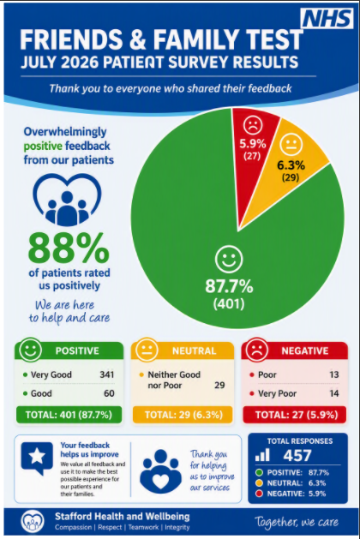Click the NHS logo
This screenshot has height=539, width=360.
coord(327,19)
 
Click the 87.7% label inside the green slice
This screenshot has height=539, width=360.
coord(229,286)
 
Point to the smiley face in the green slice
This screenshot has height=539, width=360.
coord(229,260)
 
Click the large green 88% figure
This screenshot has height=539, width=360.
coord(69,248)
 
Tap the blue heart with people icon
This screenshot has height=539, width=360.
coord(68,200)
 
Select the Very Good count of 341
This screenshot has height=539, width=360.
coord(107,374)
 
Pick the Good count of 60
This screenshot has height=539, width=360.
coord(109,393)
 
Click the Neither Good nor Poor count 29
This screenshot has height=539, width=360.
coord(219,385)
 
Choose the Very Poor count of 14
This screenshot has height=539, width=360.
coord(334,393)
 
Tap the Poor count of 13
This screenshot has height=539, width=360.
coord(334,374)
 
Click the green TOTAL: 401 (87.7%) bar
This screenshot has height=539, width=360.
coord(69,415)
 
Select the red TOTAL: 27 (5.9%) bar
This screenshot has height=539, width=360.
coord(296,415)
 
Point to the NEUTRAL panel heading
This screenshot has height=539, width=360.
coord(194,350)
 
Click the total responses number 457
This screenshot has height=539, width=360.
coord(297,456)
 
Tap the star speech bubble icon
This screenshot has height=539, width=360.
coord(37,458)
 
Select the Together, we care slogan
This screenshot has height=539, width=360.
coord(297,522)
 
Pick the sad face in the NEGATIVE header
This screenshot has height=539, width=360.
coord(256,350)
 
